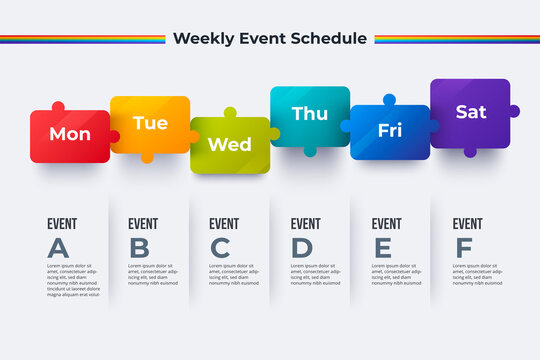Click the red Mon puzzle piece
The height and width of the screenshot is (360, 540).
pos(69,136)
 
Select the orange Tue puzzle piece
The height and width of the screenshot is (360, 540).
pos(150,124)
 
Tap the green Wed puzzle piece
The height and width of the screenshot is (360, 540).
pos(229,145)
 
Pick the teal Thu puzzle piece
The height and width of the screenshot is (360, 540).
pos(309,115)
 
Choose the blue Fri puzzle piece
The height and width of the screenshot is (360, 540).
pos(389,131)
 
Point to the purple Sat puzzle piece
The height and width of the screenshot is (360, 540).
pos(470,112)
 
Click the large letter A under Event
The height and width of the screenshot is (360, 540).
pos(59,248)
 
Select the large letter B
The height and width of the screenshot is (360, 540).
pos(140,248)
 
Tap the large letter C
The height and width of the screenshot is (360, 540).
pos(220,248)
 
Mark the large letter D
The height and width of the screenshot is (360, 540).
pos(302,248)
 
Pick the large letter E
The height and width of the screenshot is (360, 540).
pos(382,248)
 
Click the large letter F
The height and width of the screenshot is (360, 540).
pos(463,248)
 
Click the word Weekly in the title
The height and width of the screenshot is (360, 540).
pos(202,39)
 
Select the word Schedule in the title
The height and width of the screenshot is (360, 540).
pos(330,39)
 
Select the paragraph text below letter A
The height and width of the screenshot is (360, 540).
pos(73,280)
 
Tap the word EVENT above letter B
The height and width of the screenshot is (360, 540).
pos(143,224)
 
